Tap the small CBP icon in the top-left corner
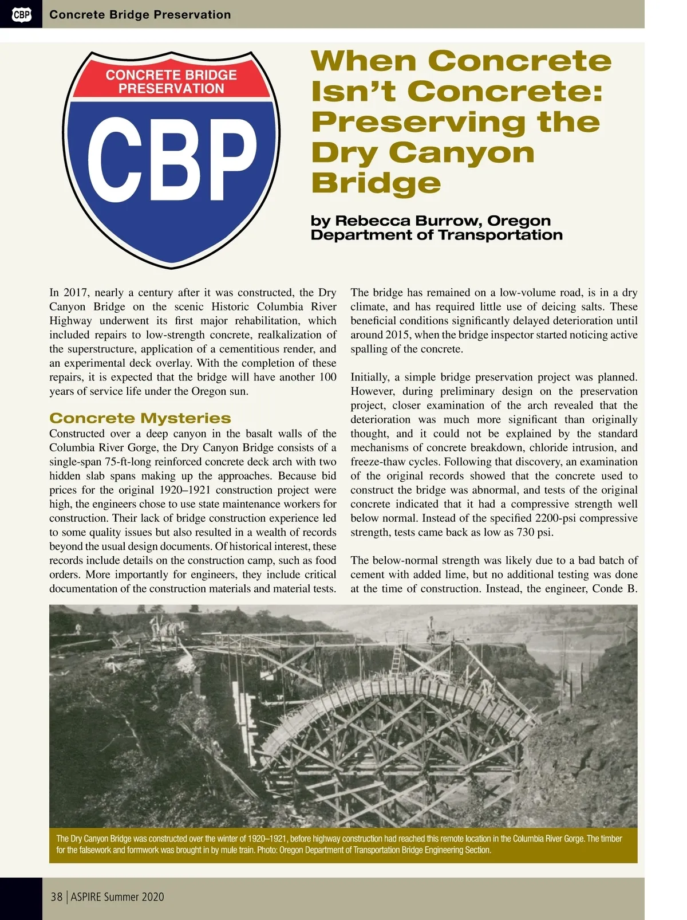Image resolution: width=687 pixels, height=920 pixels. click(21, 14)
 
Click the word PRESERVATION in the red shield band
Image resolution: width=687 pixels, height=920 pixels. click(171, 89)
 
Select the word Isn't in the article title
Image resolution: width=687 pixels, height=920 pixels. click(352, 91)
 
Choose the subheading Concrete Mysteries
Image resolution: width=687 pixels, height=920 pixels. click(140, 418)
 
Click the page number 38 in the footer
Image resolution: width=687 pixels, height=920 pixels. click(56, 897)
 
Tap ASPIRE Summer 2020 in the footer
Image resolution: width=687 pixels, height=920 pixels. click(117, 897)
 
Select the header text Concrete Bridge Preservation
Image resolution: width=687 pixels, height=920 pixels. click(140, 14)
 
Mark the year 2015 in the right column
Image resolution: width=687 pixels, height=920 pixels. click(400, 335)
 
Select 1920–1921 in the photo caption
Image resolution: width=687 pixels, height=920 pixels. click(265, 839)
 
